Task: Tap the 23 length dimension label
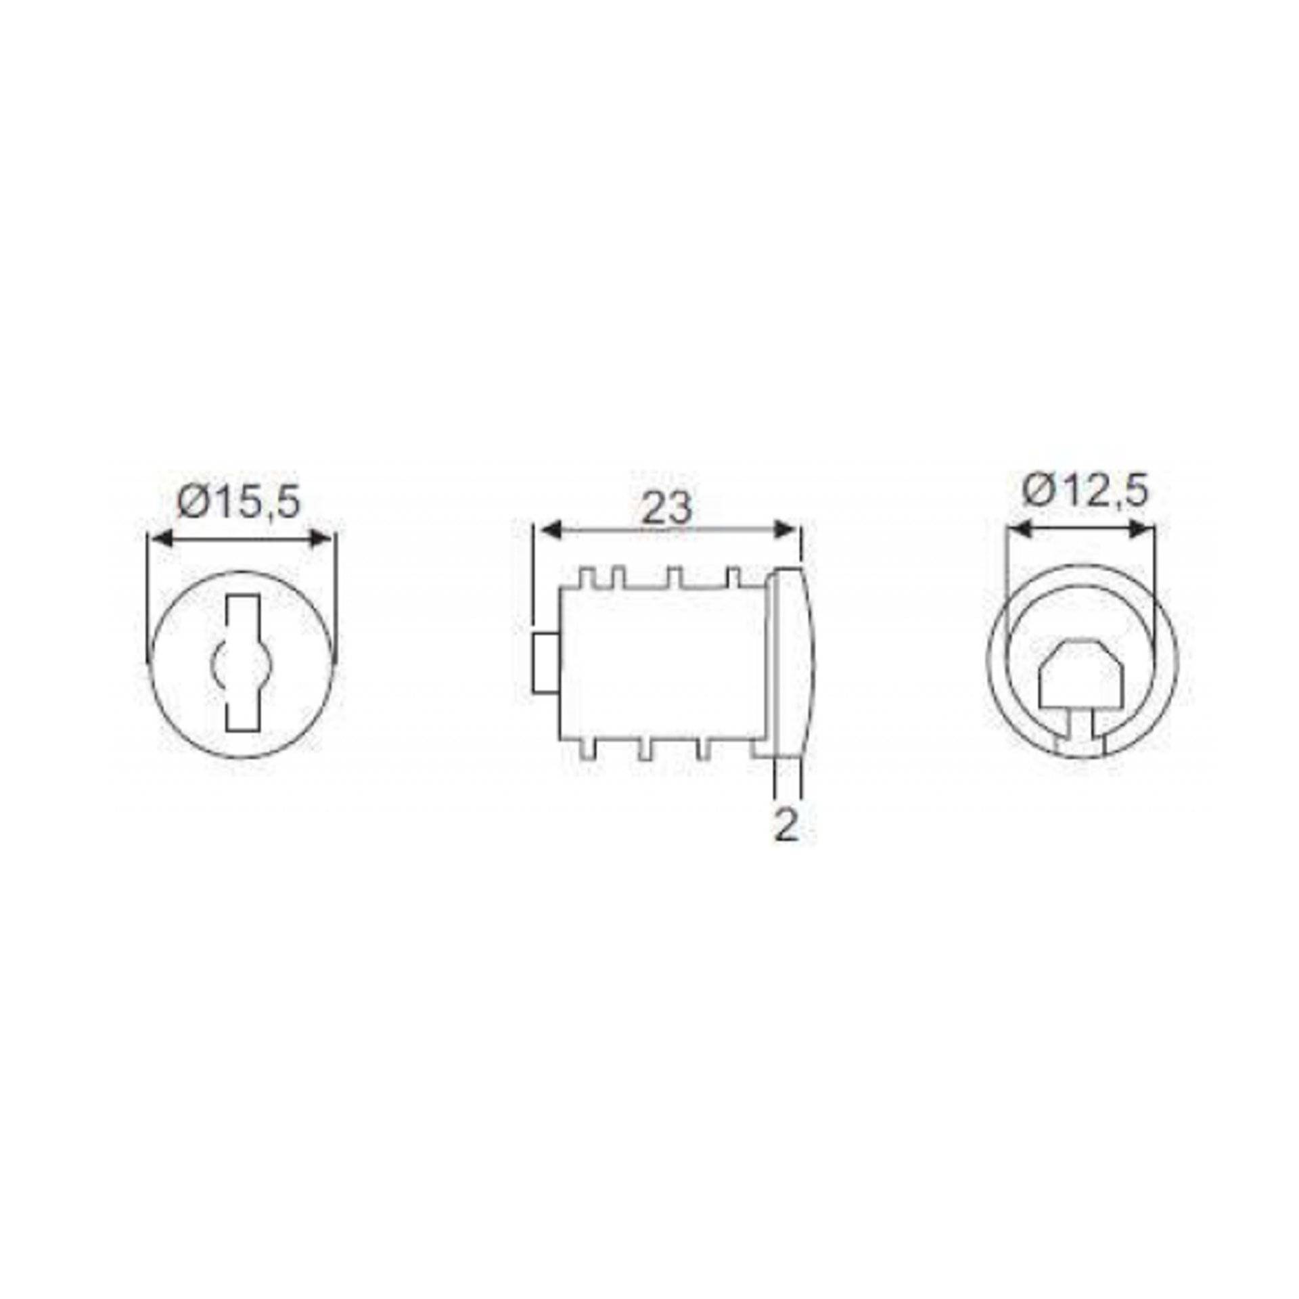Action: [666, 508]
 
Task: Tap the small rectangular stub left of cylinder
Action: [545, 663]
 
